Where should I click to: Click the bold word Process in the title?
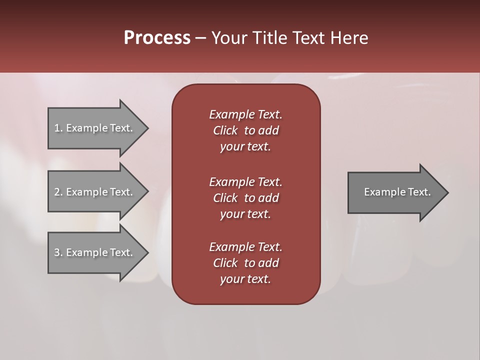157,37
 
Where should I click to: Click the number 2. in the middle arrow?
58,192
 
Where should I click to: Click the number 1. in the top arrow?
58,128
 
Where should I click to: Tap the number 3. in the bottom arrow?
58,252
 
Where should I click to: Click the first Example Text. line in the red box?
245,114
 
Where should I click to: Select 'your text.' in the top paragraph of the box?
245,147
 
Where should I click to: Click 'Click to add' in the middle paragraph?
245,198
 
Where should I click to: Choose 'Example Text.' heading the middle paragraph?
245,182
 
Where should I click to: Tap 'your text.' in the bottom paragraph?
245,279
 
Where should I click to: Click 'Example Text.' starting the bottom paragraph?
245,247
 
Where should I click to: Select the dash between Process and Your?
201,38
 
